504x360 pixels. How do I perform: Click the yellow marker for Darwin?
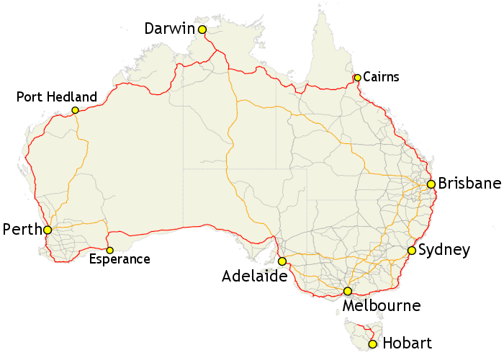[x=202, y=30]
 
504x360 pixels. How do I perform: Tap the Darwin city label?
[x=170, y=29]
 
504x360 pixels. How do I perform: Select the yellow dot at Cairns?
[x=357, y=78]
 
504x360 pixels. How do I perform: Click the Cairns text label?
[x=381, y=76]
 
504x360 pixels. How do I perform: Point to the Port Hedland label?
[x=56, y=96]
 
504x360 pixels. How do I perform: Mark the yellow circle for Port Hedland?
[x=75, y=111]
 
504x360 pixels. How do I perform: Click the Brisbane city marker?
[x=431, y=184]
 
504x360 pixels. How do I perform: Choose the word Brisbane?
[x=469, y=183]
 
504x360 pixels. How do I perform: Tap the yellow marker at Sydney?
[x=411, y=251]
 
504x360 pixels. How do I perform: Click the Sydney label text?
[x=444, y=251]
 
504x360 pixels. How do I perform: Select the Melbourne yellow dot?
[x=347, y=292]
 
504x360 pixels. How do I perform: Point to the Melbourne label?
[x=382, y=306]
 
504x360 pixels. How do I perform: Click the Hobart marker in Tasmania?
[x=372, y=344]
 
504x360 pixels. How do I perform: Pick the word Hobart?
[x=407, y=343]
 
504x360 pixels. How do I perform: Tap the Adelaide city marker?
[x=282, y=261]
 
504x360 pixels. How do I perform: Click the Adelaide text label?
[x=255, y=276]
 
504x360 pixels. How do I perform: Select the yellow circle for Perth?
[x=48, y=230]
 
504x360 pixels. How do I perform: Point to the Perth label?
[x=22, y=230]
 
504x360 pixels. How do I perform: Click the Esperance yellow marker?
[x=109, y=251]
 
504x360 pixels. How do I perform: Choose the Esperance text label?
[x=119, y=259]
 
